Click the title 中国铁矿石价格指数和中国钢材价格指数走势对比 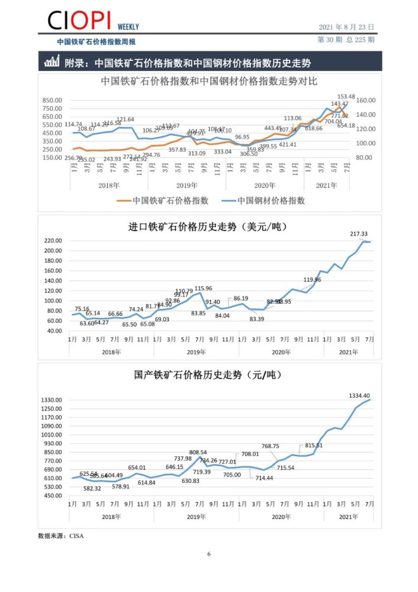[209, 82]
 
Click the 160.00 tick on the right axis [366, 100]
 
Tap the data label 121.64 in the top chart [125, 119]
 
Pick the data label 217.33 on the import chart [358, 234]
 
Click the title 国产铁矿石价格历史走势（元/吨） [209, 375]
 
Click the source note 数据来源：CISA [61, 536]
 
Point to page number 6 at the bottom [209, 554]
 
